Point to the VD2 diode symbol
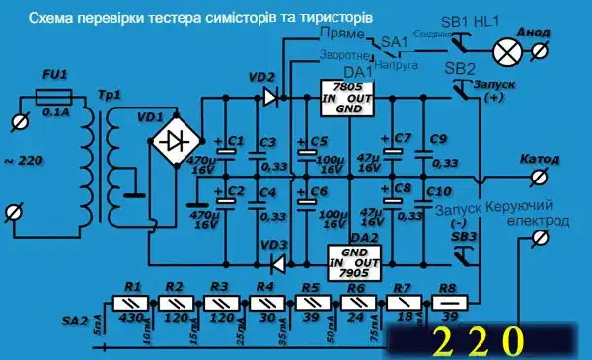point(269,97)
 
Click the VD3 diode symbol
point(275,263)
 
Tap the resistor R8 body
point(449,304)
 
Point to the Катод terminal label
point(537,158)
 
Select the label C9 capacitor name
point(438,138)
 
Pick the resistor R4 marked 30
point(266,304)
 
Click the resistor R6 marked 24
point(356,304)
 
